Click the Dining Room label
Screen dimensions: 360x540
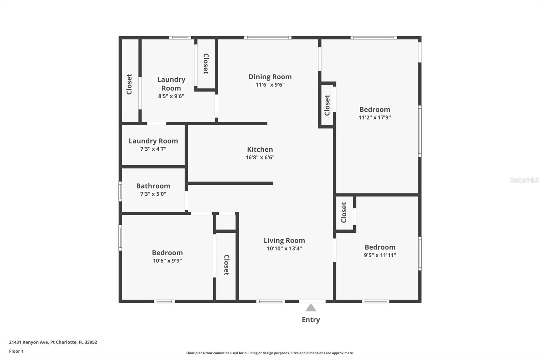click(270, 77)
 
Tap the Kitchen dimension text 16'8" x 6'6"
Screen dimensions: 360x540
click(260, 157)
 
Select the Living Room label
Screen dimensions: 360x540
click(284, 240)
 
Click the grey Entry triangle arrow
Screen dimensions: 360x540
click(311, 308)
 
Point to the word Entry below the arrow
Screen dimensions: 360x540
click(311, 320)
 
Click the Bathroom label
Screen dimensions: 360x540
click(153, 186)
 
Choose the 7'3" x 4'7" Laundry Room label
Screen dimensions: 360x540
click(153, 141)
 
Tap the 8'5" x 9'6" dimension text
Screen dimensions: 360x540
click(171, 96)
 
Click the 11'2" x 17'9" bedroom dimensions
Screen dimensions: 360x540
click(375, 118)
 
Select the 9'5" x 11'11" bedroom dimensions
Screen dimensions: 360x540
click(380, 255)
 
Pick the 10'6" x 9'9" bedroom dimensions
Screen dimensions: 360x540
click(167, 261)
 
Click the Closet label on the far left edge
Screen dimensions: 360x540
click(129, 84)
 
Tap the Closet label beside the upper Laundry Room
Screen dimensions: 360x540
click(206, 64)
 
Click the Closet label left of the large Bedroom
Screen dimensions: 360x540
click(327, 105)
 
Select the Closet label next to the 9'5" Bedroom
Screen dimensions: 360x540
click(344, 212)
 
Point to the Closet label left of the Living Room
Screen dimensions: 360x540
click(226, 265)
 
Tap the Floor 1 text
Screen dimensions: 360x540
click(16, 351)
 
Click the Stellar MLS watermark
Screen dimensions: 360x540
click(524, 180)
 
